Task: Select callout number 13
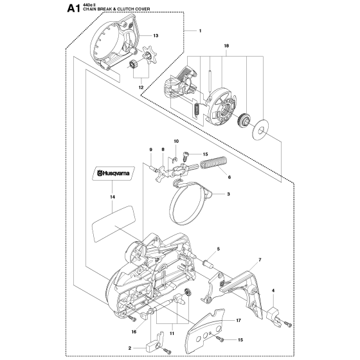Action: (x=155, y=37)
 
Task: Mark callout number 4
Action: (x=273, y=291)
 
